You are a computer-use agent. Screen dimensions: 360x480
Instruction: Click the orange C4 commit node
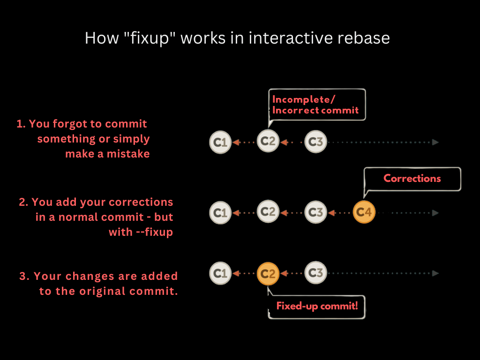tap(364, 212)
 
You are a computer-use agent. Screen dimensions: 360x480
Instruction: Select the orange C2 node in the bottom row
tap(268, 273)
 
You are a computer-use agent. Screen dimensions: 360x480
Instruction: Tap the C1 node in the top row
tap(220, 142)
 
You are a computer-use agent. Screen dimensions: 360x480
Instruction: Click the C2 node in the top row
tap(268, 141)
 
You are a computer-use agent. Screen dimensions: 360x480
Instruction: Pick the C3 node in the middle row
tap(316, 212)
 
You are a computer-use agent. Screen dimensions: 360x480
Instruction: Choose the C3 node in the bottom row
tap(316, 273)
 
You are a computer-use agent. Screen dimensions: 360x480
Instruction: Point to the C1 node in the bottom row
tap(220, 273)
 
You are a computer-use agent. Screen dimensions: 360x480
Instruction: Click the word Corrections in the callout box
tap(412, 179)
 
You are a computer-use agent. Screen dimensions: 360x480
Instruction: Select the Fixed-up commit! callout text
tap(317, 307)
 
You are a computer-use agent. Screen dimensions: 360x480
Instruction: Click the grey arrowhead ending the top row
tap(435, 142)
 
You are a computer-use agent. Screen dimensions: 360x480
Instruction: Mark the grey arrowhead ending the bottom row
tap(435, 273)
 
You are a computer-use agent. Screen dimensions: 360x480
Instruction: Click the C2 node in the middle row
tap(268, 212)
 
